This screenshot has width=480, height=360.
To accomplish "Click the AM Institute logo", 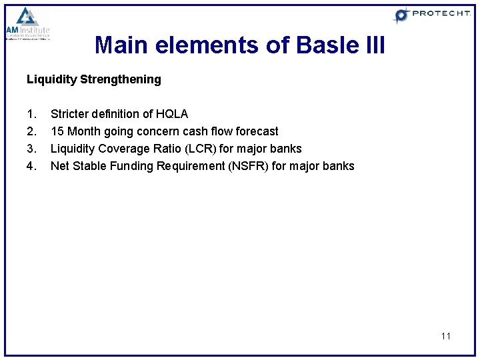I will click(x=27, y=24).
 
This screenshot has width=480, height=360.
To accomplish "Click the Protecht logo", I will click(x=431, y=15).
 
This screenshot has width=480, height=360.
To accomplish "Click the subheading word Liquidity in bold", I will click(x=51, y=79).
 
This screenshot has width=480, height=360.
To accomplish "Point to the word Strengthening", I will click(x=121, y=79).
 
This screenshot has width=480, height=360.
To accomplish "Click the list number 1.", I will click(x=31, y=114).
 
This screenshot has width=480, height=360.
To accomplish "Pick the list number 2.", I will click(x=31, y=131).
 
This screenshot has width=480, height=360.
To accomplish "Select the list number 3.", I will click(x=31, y=149).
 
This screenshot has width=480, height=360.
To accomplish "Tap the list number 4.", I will click(x=31, y=166).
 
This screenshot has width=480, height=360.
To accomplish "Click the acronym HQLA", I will click(x=172, y=114).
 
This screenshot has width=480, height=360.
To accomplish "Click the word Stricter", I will click(x=70, y=114).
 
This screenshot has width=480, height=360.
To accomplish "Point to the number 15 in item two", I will click(x=57, y=131).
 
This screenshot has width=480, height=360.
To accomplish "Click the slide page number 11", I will click(x=445, y=336).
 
